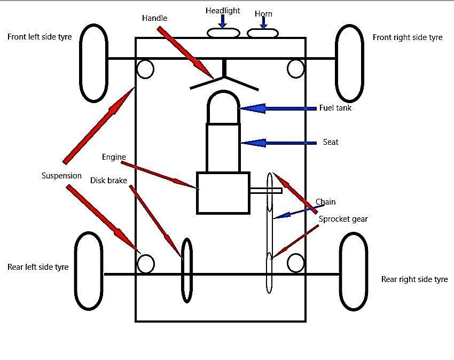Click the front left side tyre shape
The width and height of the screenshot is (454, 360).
coord(93,63)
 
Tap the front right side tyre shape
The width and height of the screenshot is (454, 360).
coord(349,63)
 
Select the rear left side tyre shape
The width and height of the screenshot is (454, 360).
coord(88,271)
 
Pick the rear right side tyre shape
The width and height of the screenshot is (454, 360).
coord(354,271)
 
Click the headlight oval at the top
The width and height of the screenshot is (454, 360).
coord(223,33)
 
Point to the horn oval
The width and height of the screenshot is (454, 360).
coord(263,34)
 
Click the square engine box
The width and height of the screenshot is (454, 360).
coord(223,193)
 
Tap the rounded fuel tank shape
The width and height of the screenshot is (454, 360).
coord(223,107)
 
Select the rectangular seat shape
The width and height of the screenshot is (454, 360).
coord(223,147)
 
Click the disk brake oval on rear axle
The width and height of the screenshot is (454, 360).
coord(186,270)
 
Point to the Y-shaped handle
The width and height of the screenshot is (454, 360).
coord(224,78)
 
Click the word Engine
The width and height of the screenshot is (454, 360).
coord(114,157)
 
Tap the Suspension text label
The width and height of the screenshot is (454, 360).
coord(61,176)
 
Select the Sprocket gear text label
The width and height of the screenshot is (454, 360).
coord(343,219)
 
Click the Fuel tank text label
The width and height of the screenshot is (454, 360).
coord(335,108)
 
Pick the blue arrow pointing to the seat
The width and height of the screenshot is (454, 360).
coord(278,143)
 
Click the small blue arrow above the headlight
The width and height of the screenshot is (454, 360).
coord(223,21)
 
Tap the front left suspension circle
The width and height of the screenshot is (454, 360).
coord(145,69)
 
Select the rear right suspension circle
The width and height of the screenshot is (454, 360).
coord(296,263)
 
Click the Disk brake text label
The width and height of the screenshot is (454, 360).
coord(108,181)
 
